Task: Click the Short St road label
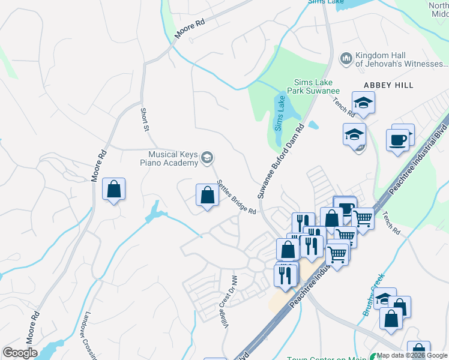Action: click(x=144, y=120)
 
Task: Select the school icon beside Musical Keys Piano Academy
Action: click(x=208, y=158)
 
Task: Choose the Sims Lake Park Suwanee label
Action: click(x=317, y=87)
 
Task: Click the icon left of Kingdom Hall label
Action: click(x=346, y=58)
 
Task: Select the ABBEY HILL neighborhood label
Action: click(x=388, y=85)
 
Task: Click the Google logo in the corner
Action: click(x=20, y=353)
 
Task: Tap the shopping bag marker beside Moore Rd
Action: click(x=113, y=190)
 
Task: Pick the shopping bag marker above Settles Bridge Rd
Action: click(x=207, y=195)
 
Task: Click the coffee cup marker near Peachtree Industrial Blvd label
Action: click(x=397, y=140)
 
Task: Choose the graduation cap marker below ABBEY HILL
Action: click(x=363, y=103)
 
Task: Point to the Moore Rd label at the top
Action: click(x=190, y=28)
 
